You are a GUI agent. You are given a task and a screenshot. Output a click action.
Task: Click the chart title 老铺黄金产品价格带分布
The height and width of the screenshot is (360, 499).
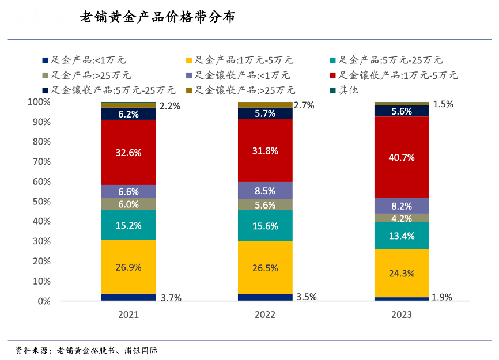(157, 18)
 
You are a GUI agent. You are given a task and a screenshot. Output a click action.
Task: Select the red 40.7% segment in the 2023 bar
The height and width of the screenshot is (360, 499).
(402, 157)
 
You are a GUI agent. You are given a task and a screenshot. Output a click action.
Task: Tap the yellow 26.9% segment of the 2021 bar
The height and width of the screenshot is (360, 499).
(128, 267)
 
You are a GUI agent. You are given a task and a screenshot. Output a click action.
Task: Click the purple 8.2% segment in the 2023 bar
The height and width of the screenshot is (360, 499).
(402, 206)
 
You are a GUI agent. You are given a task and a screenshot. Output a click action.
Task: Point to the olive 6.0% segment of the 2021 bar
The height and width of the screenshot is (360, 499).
(128, 204)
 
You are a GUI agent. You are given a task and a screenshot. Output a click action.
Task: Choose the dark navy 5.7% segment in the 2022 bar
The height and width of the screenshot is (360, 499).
(265, 113)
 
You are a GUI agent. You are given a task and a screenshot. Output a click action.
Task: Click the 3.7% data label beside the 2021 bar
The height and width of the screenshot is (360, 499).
(171, 298)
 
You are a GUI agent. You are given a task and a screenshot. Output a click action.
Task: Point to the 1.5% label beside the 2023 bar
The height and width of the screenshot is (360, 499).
(443, 104)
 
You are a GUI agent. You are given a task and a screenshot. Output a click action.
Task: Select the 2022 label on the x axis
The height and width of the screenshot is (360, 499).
(265, 315)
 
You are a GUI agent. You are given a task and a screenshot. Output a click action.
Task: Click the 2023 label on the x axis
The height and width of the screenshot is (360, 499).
(402, 315)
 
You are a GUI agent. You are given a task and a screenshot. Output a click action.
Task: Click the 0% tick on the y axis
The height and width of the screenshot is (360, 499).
(44, 301)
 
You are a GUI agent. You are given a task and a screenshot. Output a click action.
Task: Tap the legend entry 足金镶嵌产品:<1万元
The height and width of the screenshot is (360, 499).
(242, 75)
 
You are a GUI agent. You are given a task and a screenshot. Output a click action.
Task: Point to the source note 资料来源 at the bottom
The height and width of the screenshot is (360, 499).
(86, 350)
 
